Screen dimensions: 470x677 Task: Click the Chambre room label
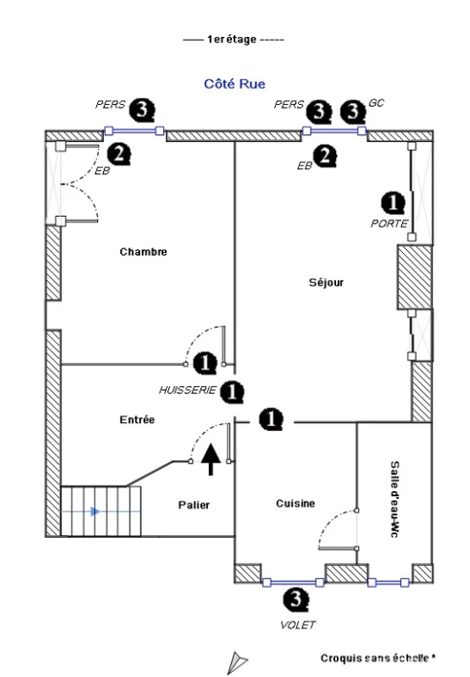pyautogui.click(x=144, y=252)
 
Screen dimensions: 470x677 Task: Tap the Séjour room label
pyautogui.click(x=326, y=282)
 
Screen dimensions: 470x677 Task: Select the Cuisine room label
pyautogui.click(x=295, y=503)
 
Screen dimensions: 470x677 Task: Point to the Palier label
pyautogui.click(x=194, y=505)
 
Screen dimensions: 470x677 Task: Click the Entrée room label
pyautogui.click(x=137, y=420)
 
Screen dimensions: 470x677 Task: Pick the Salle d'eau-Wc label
pyautogui.click(x=394, y=499)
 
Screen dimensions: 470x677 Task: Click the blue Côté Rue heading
pyautogui.click(x=235, y=84)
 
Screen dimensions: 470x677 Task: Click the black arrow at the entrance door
pyautogui.click(x=211, y=459)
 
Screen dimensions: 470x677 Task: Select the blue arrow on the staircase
pyautogui.click(x=95, y=512)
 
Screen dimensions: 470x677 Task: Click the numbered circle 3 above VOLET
pyautogui.click(x=296, y=600)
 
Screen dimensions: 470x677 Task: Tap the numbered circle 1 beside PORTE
pyautogui.click(x=392, y=203)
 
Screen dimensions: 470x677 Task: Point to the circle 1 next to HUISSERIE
pyautogui.click(x=232, y=392)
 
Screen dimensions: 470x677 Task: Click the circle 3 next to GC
pyautogui.click(x=353, y=111)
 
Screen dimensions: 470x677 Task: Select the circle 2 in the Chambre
pyautogui.click(x=118, y=154)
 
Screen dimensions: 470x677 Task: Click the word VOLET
pyautogui.click(x=298, y=625)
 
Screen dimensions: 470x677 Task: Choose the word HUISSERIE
pyautogui.click(x=187, y=391)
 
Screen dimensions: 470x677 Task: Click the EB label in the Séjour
pyautogui.click(x=304, y=166)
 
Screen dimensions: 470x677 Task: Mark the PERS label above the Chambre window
pyautogui.click(x=110, y=105)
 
